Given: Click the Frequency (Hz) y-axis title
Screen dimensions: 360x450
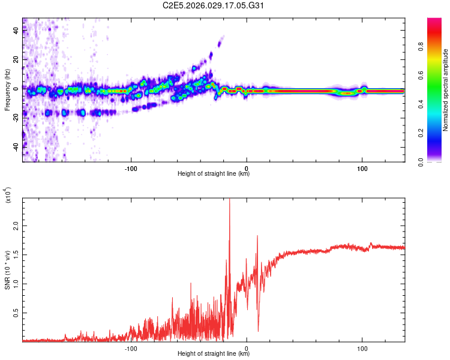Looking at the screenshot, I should [x=8, y=90].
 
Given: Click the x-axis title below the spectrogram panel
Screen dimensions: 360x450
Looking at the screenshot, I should [x=214, y=174].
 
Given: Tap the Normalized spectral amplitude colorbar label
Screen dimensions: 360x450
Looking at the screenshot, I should [x=445, y=90].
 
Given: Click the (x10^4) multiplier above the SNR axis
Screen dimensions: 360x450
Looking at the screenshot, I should [x=8, y=194].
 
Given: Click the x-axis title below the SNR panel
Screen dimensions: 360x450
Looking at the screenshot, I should [x=214, y=354].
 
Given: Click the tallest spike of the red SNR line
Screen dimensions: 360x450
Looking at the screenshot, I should [x=229, y=200].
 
